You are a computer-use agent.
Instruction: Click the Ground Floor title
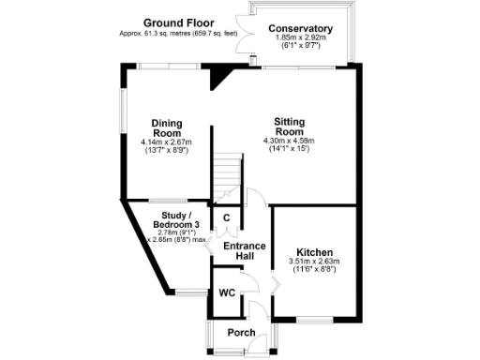pyautogui.click(x=178, y=22)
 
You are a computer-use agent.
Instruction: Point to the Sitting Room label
pyautogui.click(x=288, y=127)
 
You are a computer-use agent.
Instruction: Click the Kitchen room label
pyautogui.click(x=315, y=253)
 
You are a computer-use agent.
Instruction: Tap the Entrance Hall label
pyautogui.click(x=244, y=251)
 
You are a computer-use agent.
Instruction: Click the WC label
pyautogui.click(x=226, y=292)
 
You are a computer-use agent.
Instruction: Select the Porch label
pyautogui.click(x=242, y=333)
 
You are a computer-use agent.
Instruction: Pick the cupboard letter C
pyautogui.click(x=226, y=218)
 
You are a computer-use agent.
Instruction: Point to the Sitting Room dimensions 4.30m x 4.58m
pyautogui.click(x=288, y=141)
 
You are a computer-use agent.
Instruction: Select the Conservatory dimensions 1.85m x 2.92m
pyautogui.click(x=300, y=37)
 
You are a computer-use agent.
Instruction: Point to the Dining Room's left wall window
pyautogui.click(x=123, y=111)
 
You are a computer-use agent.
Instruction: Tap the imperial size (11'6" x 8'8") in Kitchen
pyautogui.click(x=315, y=270)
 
